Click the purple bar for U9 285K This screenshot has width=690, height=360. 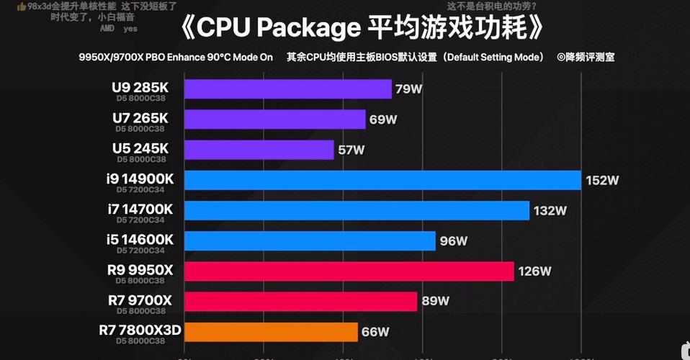287,89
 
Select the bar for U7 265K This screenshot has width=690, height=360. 274,119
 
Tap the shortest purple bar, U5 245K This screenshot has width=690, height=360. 259,150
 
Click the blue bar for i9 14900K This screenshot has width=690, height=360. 382,180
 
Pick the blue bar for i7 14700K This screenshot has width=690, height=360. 357,210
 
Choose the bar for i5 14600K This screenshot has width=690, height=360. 310,240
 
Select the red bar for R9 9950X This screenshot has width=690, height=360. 349,271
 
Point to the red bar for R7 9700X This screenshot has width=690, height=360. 300,301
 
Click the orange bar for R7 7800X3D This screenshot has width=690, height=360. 271,332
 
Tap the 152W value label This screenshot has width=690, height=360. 602,181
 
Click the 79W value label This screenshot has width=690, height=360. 408,89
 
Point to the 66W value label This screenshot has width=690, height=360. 375,332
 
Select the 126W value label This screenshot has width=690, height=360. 535,271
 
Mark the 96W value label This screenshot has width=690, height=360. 454,241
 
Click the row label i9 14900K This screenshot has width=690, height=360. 140,177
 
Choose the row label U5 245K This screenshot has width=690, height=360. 140,147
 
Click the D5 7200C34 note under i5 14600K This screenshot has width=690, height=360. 140,251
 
